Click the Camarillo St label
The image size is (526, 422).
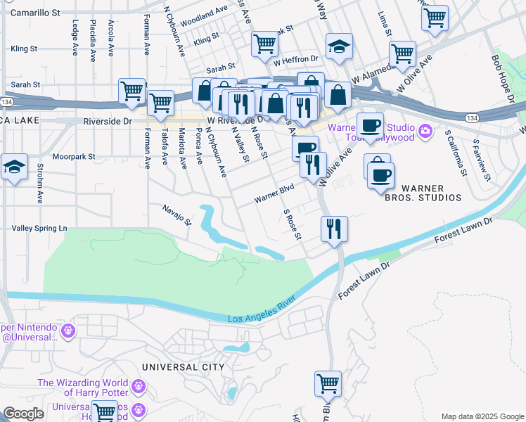(x=36, y=13)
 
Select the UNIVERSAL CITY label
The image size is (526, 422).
(x=183, y=367)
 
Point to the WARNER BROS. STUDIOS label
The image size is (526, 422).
(x=431, y=193)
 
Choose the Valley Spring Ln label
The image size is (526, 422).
(x=39, y=229)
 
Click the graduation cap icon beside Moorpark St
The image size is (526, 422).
(x=14, y=167)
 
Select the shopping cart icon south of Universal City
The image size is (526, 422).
(x=328, y=384)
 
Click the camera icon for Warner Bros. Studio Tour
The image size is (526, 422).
(x=425, y=131)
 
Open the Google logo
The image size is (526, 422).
(x=23, y=414)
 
